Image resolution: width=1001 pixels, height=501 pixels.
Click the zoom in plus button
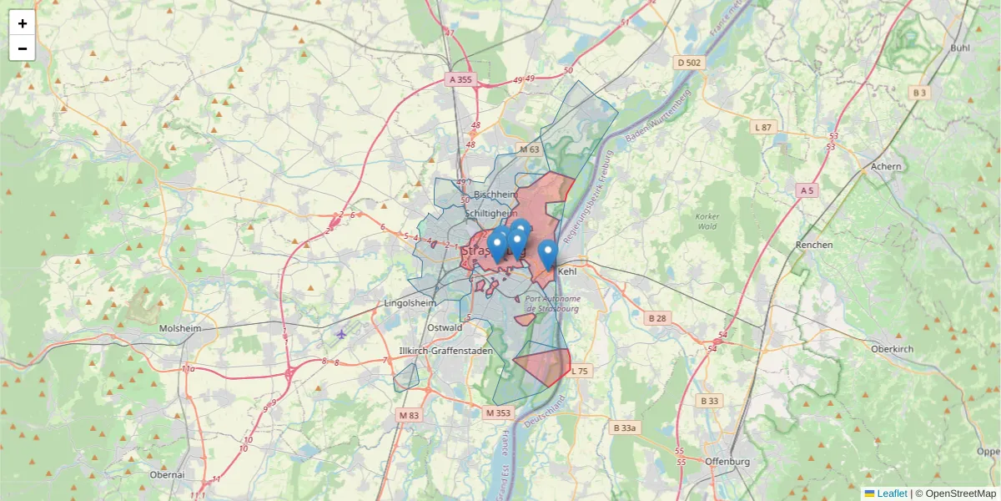23,23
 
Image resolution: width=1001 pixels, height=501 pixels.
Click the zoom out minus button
23,48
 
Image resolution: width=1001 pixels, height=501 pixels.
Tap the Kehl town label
567,271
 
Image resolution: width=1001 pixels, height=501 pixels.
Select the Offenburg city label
727,462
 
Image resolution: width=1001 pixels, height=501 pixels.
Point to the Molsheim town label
180,328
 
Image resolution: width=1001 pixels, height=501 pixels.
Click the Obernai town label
167,474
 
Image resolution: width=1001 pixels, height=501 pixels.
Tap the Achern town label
886,166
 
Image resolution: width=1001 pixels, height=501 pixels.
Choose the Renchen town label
814,245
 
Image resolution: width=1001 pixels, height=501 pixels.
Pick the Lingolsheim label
411,302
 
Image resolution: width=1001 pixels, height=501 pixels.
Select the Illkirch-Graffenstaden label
446,351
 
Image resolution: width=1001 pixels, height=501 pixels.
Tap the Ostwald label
445,327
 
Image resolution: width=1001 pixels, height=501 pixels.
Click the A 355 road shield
460,79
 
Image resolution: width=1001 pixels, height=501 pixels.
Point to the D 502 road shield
690,63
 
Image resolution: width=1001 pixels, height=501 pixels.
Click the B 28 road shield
657,318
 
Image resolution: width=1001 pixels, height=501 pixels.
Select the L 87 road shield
763,127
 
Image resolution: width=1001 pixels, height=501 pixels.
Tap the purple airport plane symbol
341,335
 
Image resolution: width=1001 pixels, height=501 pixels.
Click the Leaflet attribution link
885,493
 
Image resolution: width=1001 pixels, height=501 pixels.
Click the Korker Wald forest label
707,221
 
